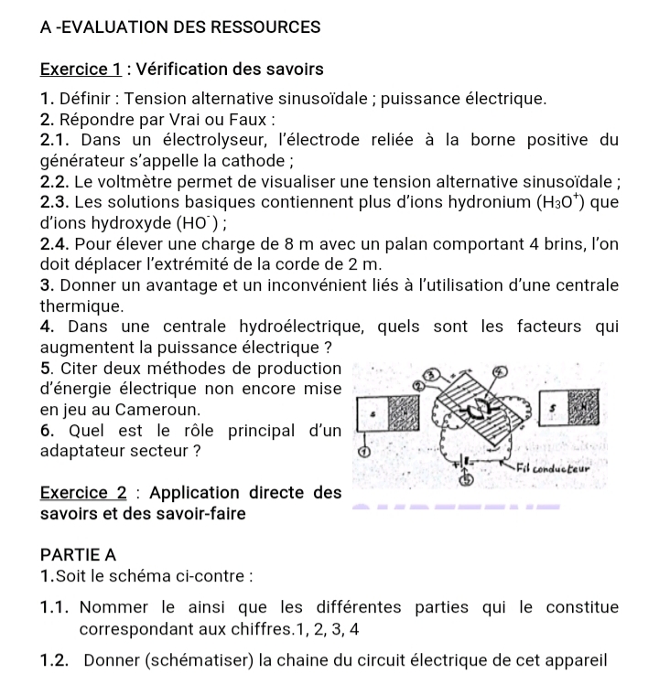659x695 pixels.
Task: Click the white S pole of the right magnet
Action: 554,403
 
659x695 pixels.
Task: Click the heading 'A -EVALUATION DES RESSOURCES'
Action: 180,27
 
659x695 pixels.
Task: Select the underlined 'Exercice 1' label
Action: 81,69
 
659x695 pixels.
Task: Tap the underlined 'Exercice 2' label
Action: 81,493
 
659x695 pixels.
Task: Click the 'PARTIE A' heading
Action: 79,554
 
